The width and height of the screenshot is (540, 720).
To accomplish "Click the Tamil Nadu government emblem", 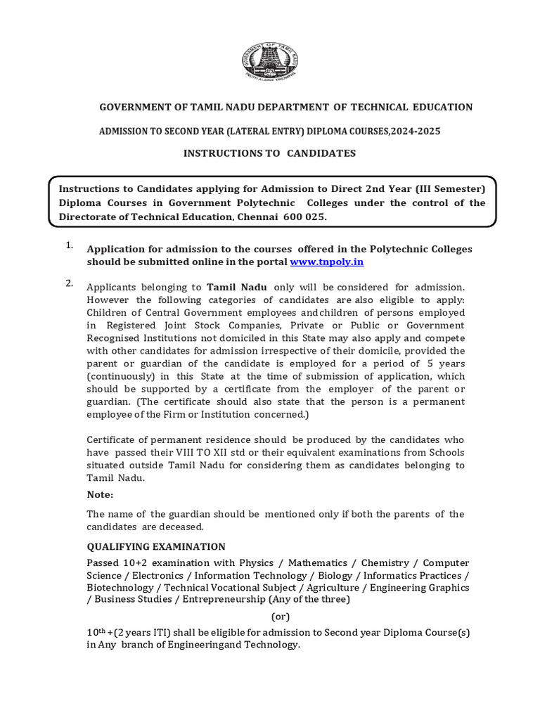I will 270,59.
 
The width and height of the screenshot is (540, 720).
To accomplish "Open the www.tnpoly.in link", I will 326,262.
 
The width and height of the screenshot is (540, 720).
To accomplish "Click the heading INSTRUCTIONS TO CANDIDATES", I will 270,153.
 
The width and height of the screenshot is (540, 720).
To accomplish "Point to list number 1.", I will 70,245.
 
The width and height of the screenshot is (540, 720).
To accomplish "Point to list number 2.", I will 70,283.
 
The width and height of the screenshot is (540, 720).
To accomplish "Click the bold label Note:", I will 100,494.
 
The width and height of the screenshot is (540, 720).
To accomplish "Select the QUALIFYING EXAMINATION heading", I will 156,546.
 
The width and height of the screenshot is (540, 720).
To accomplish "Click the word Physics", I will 257,563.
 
